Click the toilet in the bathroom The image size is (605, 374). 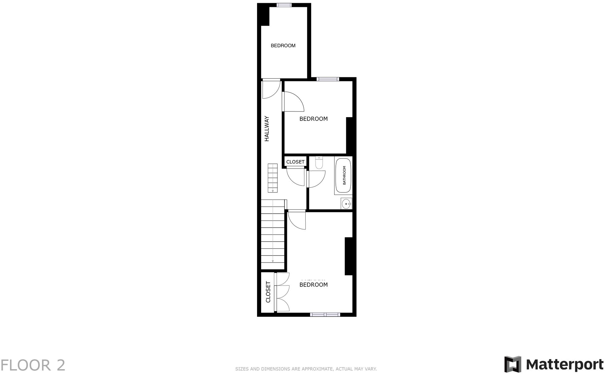[x=319, y=163]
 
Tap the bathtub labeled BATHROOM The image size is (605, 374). [x=343, y=175]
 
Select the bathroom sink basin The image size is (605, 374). [x=346, y=204]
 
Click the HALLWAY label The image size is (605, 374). [x=267, y=129]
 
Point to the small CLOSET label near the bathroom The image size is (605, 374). [x=295, y=162]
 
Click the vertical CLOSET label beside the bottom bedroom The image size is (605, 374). [x=268, y=292]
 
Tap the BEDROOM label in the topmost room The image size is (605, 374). [x=283, y=46]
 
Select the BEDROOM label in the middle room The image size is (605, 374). [x=313, y=119]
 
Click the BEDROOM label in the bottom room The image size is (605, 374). [x=313, y=285]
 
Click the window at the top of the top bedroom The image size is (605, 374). [x=284, y=5]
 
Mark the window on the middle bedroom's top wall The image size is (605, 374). [x=327, y=79]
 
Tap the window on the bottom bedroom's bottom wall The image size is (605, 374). [x=325, y=315]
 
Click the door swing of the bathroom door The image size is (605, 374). [x=315, y=179]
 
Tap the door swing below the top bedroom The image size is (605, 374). [x=270, y=89]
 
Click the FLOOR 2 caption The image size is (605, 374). [x=33, y=365]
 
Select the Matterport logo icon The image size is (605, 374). [x=513, y=364]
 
